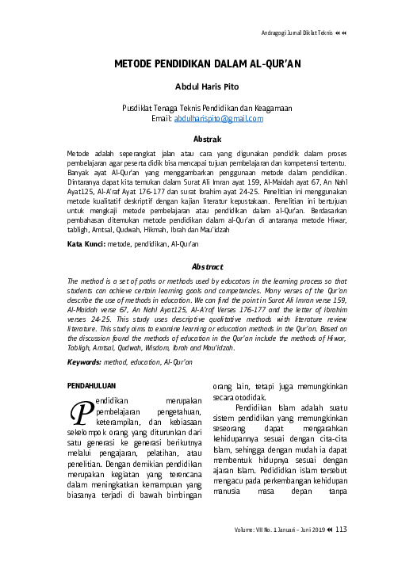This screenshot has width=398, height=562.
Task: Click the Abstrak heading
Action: pyautogui.click(x=199, y=136)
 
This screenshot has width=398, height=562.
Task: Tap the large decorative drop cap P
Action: pyautogui.click(x=80, y=411)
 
